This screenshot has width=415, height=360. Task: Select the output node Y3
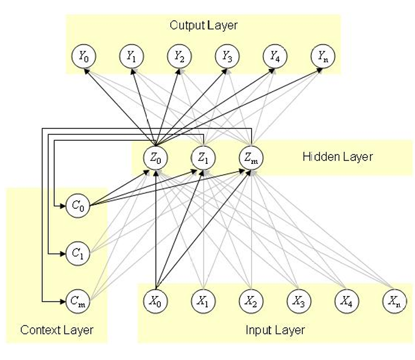click(x=226, y=57)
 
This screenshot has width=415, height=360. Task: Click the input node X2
click(x=250, y=300)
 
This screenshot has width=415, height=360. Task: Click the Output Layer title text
click(x=203, y=26)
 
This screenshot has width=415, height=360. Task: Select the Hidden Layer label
click(x=337, y=157)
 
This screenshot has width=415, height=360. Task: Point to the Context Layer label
click(x=57, y=330)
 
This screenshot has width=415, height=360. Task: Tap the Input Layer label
click(x=275, y=330)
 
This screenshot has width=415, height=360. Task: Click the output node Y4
click(x=274, y=57)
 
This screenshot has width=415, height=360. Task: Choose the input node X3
click(x=299, y=300)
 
